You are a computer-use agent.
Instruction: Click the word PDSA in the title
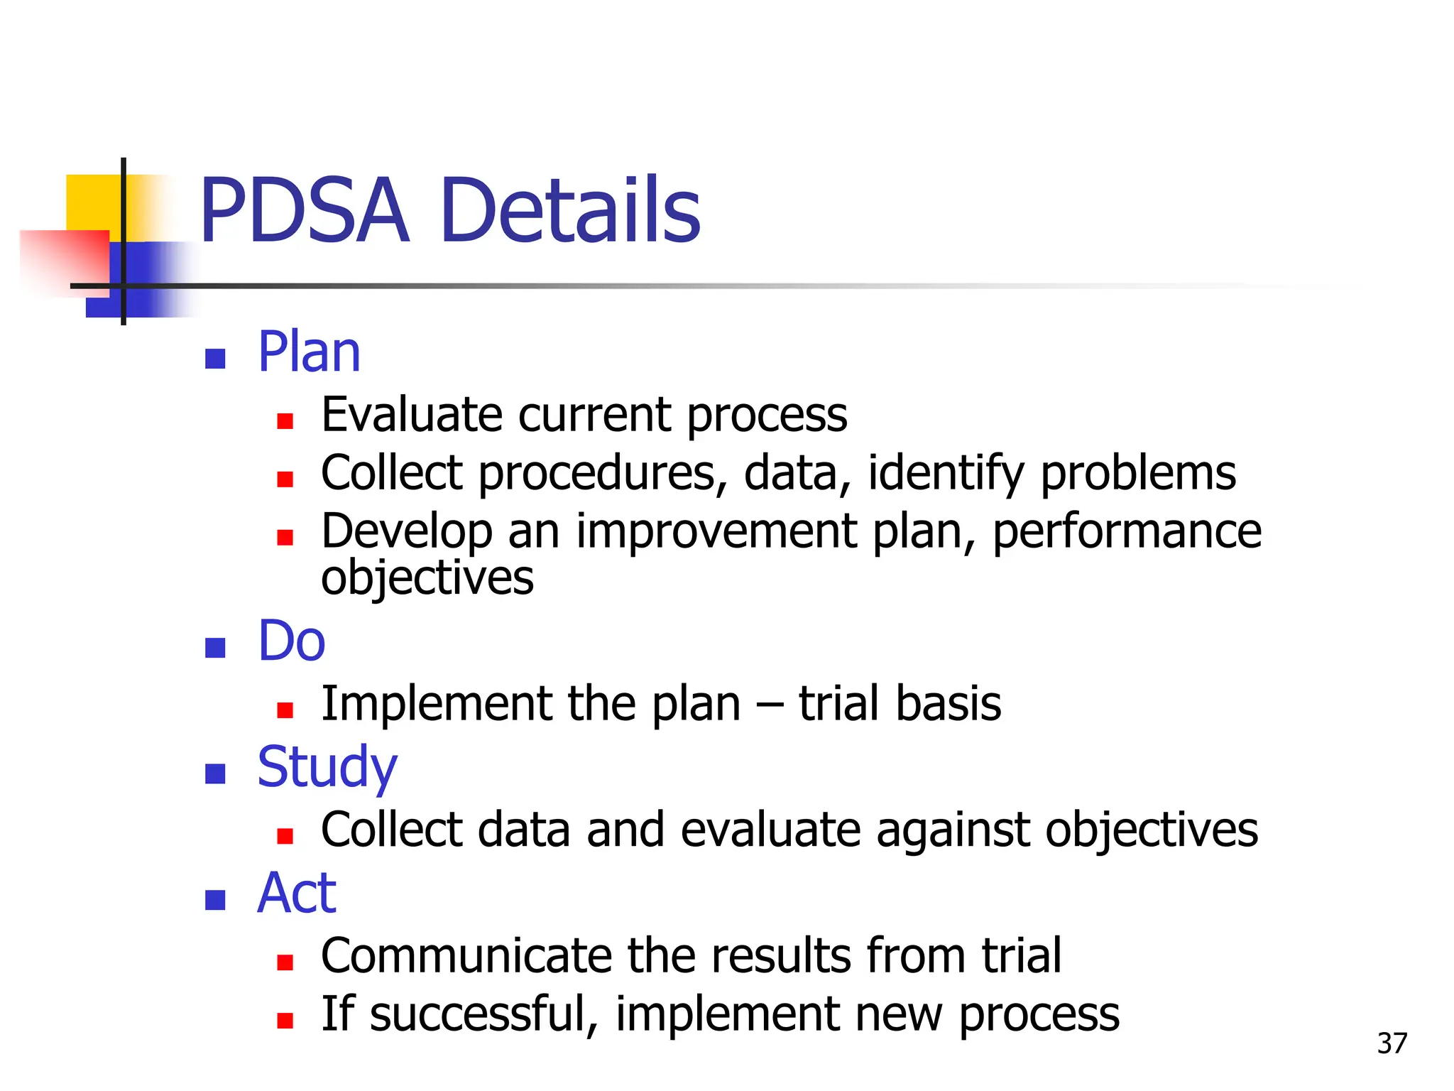click(305, 212)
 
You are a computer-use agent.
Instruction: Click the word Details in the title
click(570, 212)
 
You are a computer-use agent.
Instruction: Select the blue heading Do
click(291, 641)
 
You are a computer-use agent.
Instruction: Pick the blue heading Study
click(327, 769)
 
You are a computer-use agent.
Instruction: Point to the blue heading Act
click(297, 894)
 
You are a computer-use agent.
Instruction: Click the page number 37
click(1392, 1043)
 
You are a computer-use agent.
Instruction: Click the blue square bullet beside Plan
click(215, 359)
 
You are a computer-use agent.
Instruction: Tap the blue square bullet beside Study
click(215, 774)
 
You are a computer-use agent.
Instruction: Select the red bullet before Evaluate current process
click(285, 422)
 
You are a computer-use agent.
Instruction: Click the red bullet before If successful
click(285, 1021)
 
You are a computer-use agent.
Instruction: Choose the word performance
click(1127, 533)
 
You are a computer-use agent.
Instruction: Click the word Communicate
click(466, 956)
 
